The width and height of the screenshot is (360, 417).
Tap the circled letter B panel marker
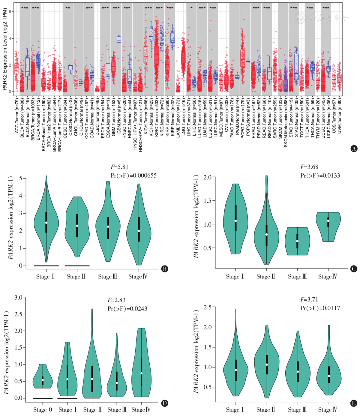pyautogui.click(x=164, y=268)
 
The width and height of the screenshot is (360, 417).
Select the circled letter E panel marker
pyautogui.click(x=354, y=403)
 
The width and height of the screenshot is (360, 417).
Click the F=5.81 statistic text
pyautogui.click(x=120, y=167)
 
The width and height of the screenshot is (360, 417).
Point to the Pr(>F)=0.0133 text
pyautogui.click(x=320, y=175)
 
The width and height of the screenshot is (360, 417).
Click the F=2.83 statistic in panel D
pyautogui.click(x=116, y=300)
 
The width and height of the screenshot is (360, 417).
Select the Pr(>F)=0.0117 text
pyautogui.click(x=320, y=308)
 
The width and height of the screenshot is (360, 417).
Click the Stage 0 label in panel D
pyautogui.click(x=42, y=410)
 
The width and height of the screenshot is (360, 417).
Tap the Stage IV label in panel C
pyautogui.click(x=328, y=277)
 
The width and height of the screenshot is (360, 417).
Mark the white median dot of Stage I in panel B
pyautogui.click(x=46, y=223)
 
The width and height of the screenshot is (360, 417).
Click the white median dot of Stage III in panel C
pyautogui.click(x=297, y=241)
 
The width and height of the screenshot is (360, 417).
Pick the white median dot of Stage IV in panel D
pyautogui.click(x=141, y=373)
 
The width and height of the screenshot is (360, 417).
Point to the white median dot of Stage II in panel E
pyautogui.click(x=266, y=364)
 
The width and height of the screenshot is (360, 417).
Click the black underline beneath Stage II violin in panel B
pyautogui.click(x=77, y=265)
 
